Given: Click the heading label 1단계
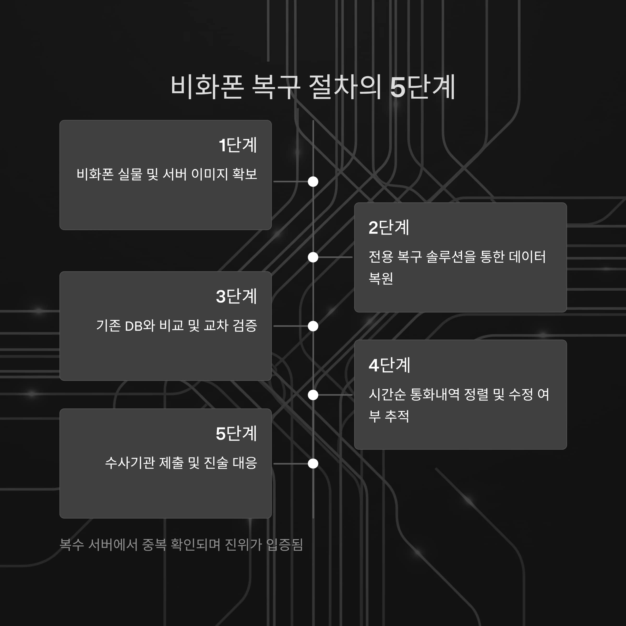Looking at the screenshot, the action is [238, 145].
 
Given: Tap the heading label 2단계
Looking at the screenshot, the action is [389, 227].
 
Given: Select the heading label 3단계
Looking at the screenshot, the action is [237, 296].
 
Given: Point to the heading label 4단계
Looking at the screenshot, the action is [389, 365].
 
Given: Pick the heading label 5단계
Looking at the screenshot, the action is [237, 434].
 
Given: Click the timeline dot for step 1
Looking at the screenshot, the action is [313, 182].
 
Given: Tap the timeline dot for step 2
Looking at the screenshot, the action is [313, 257].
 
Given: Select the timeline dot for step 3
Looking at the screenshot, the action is [313, 326].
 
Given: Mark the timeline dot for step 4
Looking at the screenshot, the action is [313, 395].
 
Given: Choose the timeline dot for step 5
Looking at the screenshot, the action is [313, 464].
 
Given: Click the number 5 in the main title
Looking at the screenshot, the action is [398, 87].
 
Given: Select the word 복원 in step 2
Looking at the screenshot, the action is [381, 278].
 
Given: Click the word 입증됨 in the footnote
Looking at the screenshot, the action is [284, 545].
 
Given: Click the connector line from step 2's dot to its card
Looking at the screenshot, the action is [335, 257].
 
